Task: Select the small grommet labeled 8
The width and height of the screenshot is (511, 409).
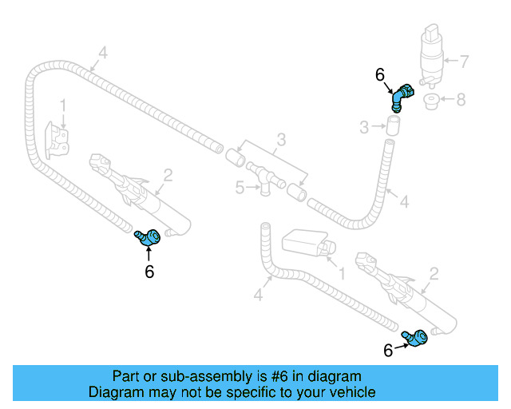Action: [x=432, y=102]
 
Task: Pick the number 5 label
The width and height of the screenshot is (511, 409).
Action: [x=238, y=188]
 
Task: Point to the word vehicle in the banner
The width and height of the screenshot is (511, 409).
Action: [x=348, y=392]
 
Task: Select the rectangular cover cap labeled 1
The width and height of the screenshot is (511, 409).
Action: [x=303, y=242]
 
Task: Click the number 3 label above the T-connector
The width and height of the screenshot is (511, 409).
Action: [x=280, y=141]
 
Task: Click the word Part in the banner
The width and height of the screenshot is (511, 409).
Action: [x=126, y=376]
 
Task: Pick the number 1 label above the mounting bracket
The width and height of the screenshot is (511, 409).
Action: [x=63, y=105]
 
